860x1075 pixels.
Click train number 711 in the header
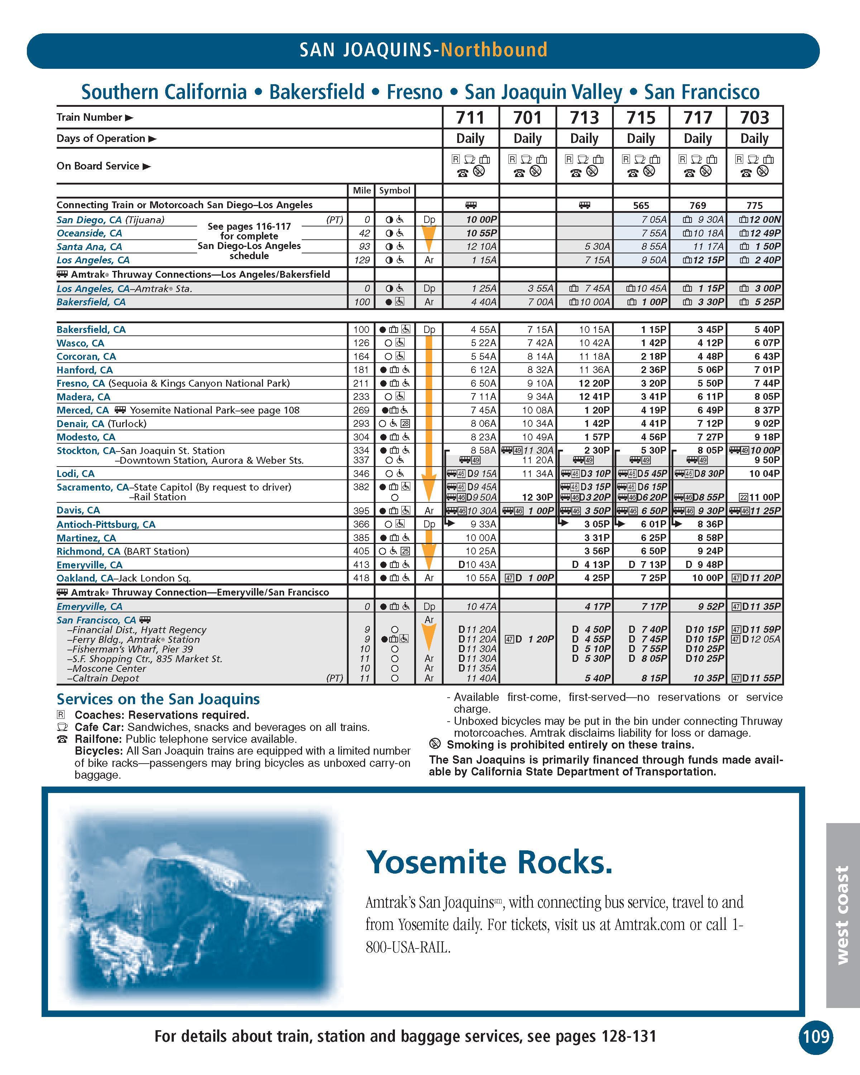[470, 118]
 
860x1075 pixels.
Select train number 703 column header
[754, 118]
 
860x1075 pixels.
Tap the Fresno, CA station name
[81, 383]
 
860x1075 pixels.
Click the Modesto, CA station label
[86, 437]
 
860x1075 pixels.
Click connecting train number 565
[641, 205]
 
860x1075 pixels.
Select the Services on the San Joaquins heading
[158, 699]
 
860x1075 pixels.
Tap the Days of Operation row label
[101, 139]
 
